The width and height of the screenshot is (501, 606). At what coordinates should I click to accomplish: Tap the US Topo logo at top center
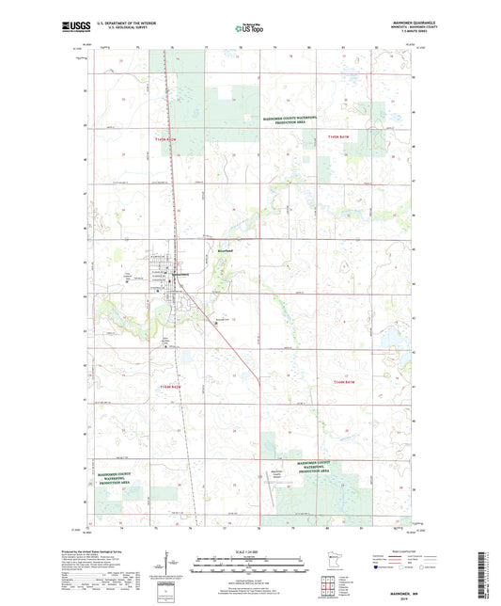pos(248,29)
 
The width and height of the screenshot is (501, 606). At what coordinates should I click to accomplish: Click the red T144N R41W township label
pos(346,381)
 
